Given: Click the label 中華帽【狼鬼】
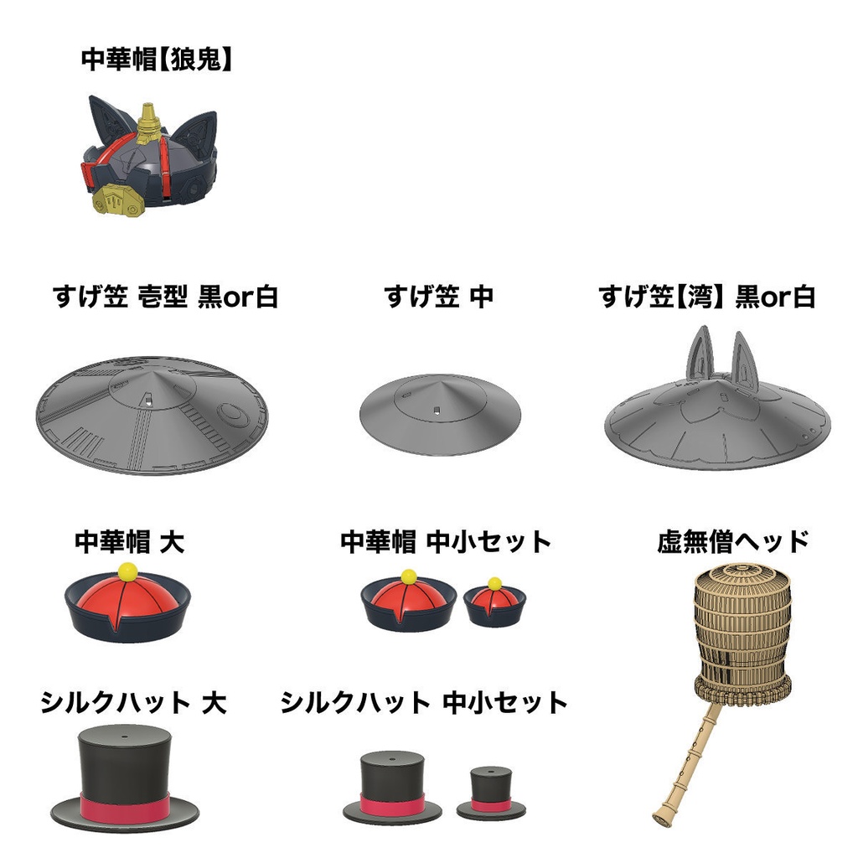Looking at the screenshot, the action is [x=157, y=59].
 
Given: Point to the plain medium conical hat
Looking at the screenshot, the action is [x=440, y=414].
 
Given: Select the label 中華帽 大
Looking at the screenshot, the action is [x=130, y=540].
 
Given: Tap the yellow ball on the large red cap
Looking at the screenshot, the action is [x=128, y=571].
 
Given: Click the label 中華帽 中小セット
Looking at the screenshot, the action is [x=446, y=541].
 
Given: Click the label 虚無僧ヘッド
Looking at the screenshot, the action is [x=733, y=541].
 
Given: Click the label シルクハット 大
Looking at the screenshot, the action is [x=133, y=702].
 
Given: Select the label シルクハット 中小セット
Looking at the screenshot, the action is [x=423, y=702].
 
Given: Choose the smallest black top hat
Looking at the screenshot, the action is [x=491, y=793].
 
